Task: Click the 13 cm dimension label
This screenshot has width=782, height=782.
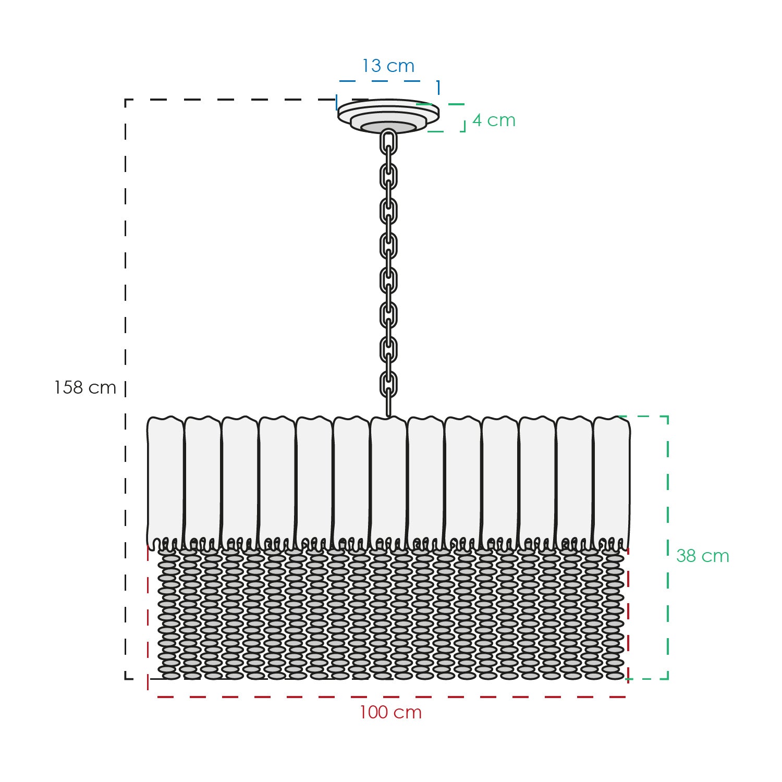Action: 388,66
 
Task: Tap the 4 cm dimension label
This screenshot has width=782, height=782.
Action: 494,120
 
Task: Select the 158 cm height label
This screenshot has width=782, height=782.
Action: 85,388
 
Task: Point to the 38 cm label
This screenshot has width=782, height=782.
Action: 702,556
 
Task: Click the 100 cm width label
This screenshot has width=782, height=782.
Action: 390,713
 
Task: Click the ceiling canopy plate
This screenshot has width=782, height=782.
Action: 388,116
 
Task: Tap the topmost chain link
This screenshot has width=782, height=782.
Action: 388,142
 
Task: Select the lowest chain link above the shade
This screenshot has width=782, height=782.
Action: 388,384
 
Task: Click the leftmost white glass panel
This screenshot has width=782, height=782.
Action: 166,482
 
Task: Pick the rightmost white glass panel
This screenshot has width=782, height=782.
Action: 612,482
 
